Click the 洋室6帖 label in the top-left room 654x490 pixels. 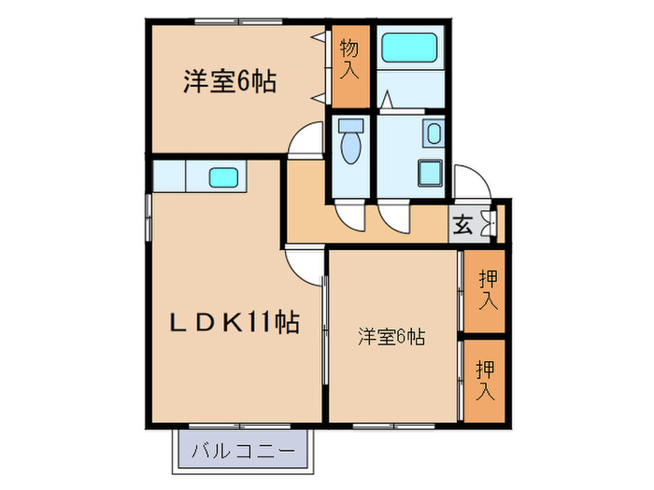[x=229, y=82]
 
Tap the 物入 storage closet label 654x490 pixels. [x=349, y=58]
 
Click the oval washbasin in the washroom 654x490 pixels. [x=434, y=133]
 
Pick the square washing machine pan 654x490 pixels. [x=431, y=173]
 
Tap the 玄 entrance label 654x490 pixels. [x=462, y=225]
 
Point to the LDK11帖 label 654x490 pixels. [x=234, y=324]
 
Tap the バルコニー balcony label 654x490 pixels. [x=242, y=453]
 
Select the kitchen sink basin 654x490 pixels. [x=222, y=175]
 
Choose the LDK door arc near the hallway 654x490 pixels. [x=305, y=265]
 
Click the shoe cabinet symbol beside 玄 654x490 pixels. [x=487, y=224]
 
